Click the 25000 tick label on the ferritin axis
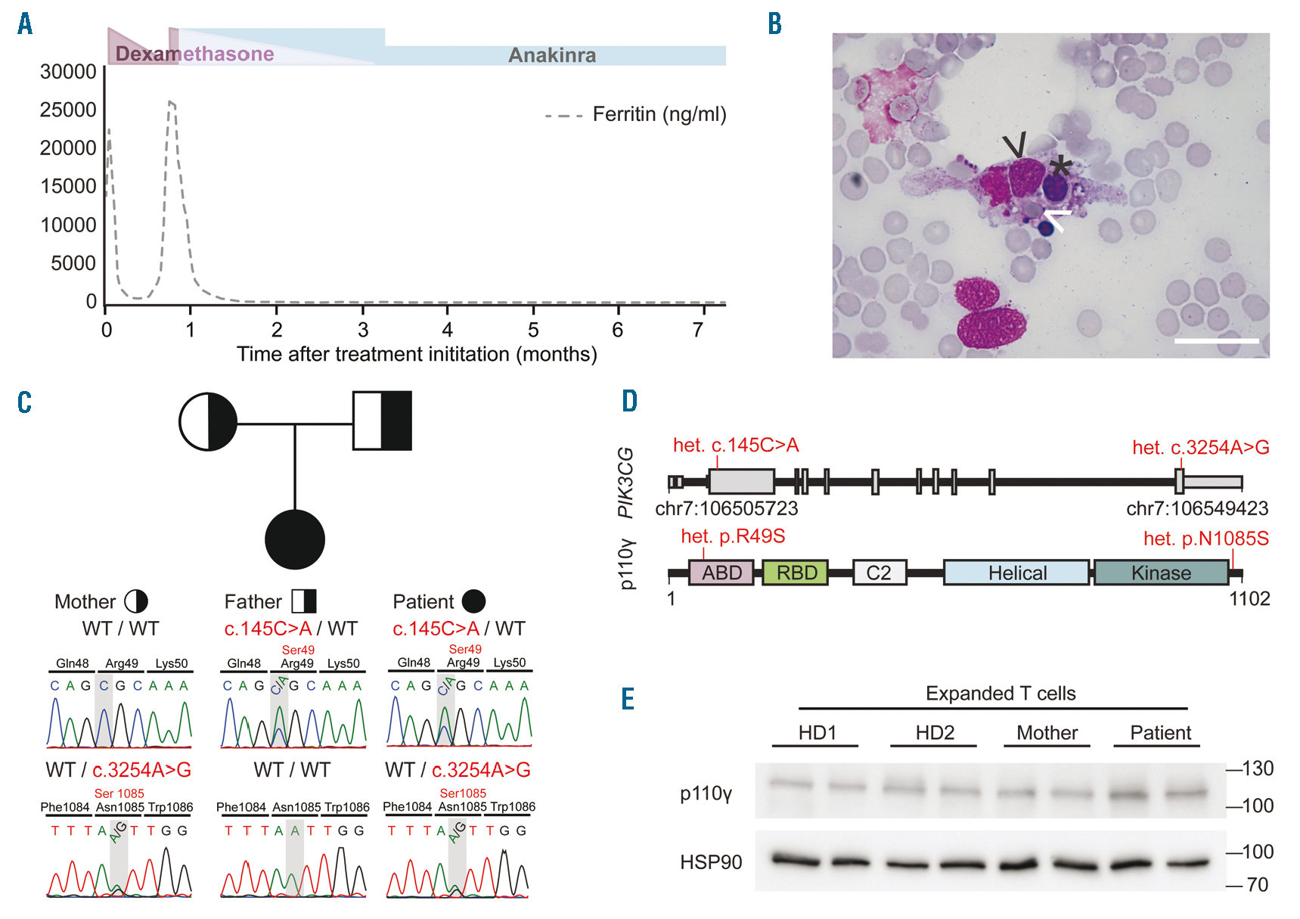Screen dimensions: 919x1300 pyautogui.click(x=68, y=110)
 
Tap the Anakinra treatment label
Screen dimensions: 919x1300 pyautogui.click(x=551, y=55)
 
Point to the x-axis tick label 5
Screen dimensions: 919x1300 pyautogui.click(x=533, y=330)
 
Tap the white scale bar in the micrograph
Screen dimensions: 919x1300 pyautogui.click(x=1216, y=341)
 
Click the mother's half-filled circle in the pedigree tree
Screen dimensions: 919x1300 pyautogui.click(x=208, y=421)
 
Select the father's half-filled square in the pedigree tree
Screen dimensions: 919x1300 pyautogui.click(x=382, y=421)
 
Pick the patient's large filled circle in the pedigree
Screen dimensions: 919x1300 pyautogui.click(x=295, y=539)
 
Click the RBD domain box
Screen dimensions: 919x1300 pyautogui.click(x=796, y=573)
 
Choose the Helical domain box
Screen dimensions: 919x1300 pyautogui.click(x=1016, y=573)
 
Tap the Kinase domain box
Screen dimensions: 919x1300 pyautogui.click(x=1161, y=573)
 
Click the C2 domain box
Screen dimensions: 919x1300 pyautogui.click(x=879, y=573)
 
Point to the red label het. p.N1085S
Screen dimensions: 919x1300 pyautogui.click(x=1205, y=539)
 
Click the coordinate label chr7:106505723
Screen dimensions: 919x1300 pyautogui.click(x=726, y=508)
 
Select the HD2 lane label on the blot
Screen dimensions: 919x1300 pyautogui.click(x=935, y=732)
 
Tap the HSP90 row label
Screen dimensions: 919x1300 pyautogui.click(x=711, y=862)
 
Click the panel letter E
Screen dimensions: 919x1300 pyautogui.click(x=628, y=699)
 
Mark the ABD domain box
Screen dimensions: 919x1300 pyautogui.click(x=721, y=573)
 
